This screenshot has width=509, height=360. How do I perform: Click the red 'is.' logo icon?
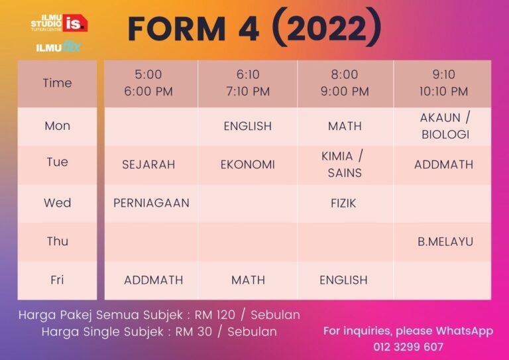tap(75, 23)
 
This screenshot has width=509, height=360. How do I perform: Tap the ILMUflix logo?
tap(58, 47)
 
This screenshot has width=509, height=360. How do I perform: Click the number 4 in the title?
tap(249, 29)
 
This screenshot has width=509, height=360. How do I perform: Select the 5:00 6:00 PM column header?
tap(148, 83)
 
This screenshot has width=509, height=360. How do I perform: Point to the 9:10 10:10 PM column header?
tap(444, 83)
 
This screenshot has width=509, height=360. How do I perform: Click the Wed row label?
tap(58, 203)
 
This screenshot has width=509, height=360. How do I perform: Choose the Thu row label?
tap(58, 241)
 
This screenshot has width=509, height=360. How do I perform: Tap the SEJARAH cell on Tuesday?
tap(148, 164)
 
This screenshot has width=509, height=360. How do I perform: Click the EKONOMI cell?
tap(248, 164)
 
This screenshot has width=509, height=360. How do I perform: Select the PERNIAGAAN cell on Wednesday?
tap(151, 203)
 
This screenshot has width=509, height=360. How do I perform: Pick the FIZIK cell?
tap(343, 204)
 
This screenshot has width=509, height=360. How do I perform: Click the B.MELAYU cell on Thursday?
tap(445, 241)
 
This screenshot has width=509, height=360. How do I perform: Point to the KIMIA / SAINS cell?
tap(343, 164)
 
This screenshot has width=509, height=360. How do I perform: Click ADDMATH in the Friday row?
tap(154, 280)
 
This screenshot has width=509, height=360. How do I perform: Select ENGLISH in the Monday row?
tap(248, 126)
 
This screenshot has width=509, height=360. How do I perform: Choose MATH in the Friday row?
tap(248, 280)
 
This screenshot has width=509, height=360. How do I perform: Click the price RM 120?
tap(215, 314)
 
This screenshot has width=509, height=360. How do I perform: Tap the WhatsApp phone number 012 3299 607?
tap(408, 347)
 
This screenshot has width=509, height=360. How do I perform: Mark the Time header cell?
tap(58, 83)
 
